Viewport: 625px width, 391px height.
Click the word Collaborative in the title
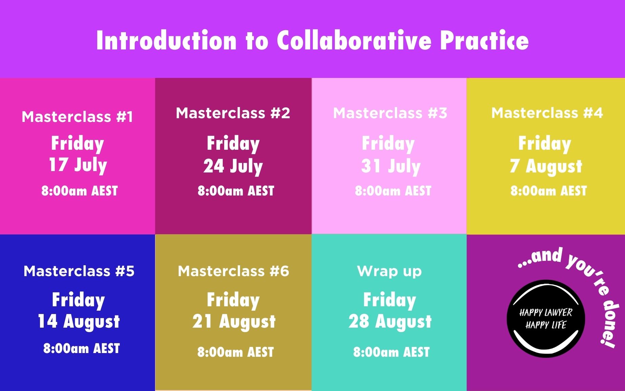(x=354, y=40)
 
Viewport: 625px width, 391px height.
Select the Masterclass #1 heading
(x=78, y=117)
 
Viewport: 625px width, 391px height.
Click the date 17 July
(x=78, y=165)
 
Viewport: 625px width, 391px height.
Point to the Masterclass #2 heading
(x=233, y=113)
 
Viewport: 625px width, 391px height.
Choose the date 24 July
(x=233, y=166)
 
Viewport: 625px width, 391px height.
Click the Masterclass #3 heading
(x=390, y=113)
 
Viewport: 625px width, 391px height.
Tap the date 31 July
(x=391, y=166)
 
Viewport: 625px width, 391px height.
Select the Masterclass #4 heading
(x=547, y=113)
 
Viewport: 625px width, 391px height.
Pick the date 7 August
(x=546, y=167)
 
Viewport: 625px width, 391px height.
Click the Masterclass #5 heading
(x=79, y=271)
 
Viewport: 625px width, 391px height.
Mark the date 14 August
(x=79, y=322)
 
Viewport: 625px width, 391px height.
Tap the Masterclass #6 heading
(x=234, y=271)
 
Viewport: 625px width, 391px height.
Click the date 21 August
(x=234, y=322)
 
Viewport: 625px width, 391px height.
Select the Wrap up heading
(x=389, y=271)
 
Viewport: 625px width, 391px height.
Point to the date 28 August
(x=390, y=322)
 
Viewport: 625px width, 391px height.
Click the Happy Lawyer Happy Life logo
(x=546, y=318)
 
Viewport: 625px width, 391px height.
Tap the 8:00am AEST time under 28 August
(x=391, y=352)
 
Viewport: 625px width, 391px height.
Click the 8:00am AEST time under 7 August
(x=548, y=191)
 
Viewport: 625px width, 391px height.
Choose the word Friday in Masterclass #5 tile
(x=78, y=301)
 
